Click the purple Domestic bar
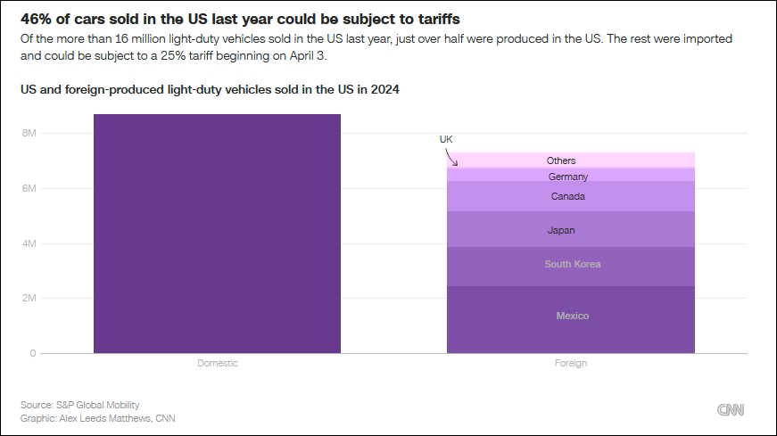tap(217, 234)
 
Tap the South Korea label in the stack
tap(572, 264)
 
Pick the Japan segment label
tap(561, 231)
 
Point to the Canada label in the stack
tap(567, 196)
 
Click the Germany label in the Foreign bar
tap(567, 177)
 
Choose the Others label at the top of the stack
tap(561, 160)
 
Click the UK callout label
tap(446, 140)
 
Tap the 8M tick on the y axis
tap(29, 134)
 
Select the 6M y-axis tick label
tap(29, 189)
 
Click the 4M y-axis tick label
tap(29, 243)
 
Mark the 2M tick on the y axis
tap(29, 299)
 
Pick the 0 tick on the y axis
tap(32, 354)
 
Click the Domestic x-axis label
tap(217, 364)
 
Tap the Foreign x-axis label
tap(571, 364)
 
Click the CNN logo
tap(731, 409)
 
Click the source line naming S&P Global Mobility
tap(80, 405)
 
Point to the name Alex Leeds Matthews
tap(105, 417)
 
